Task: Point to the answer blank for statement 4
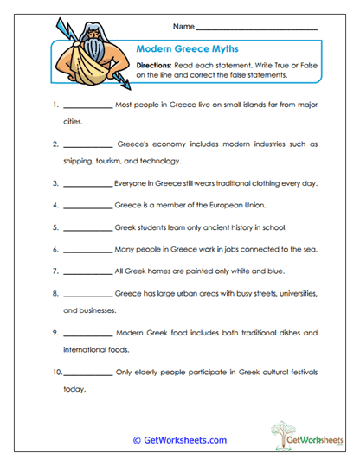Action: (87, 206)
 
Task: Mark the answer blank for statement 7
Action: (87, 271)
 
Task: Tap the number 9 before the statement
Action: (55, 332)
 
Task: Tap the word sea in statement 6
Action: (311, 249)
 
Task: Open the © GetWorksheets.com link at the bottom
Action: (180, 439)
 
